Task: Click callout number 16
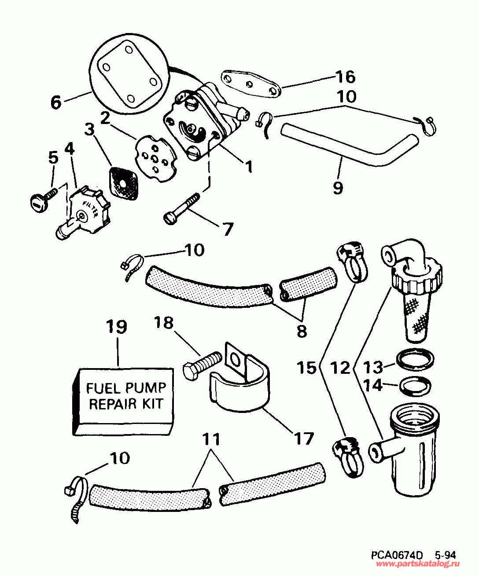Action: click(x=345, y=77)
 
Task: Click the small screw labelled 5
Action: click(x=42, y=201)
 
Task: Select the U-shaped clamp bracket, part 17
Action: click(x=238, y=387)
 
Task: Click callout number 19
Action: click(x=117, y=327)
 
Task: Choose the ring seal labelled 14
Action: click(x=415, y=386)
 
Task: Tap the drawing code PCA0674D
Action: click(x=397, y=555)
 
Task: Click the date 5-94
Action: click(x=444, y=555)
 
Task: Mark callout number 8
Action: click(x=302, y=331)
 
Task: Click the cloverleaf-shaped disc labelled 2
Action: click(x=157, y=159)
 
